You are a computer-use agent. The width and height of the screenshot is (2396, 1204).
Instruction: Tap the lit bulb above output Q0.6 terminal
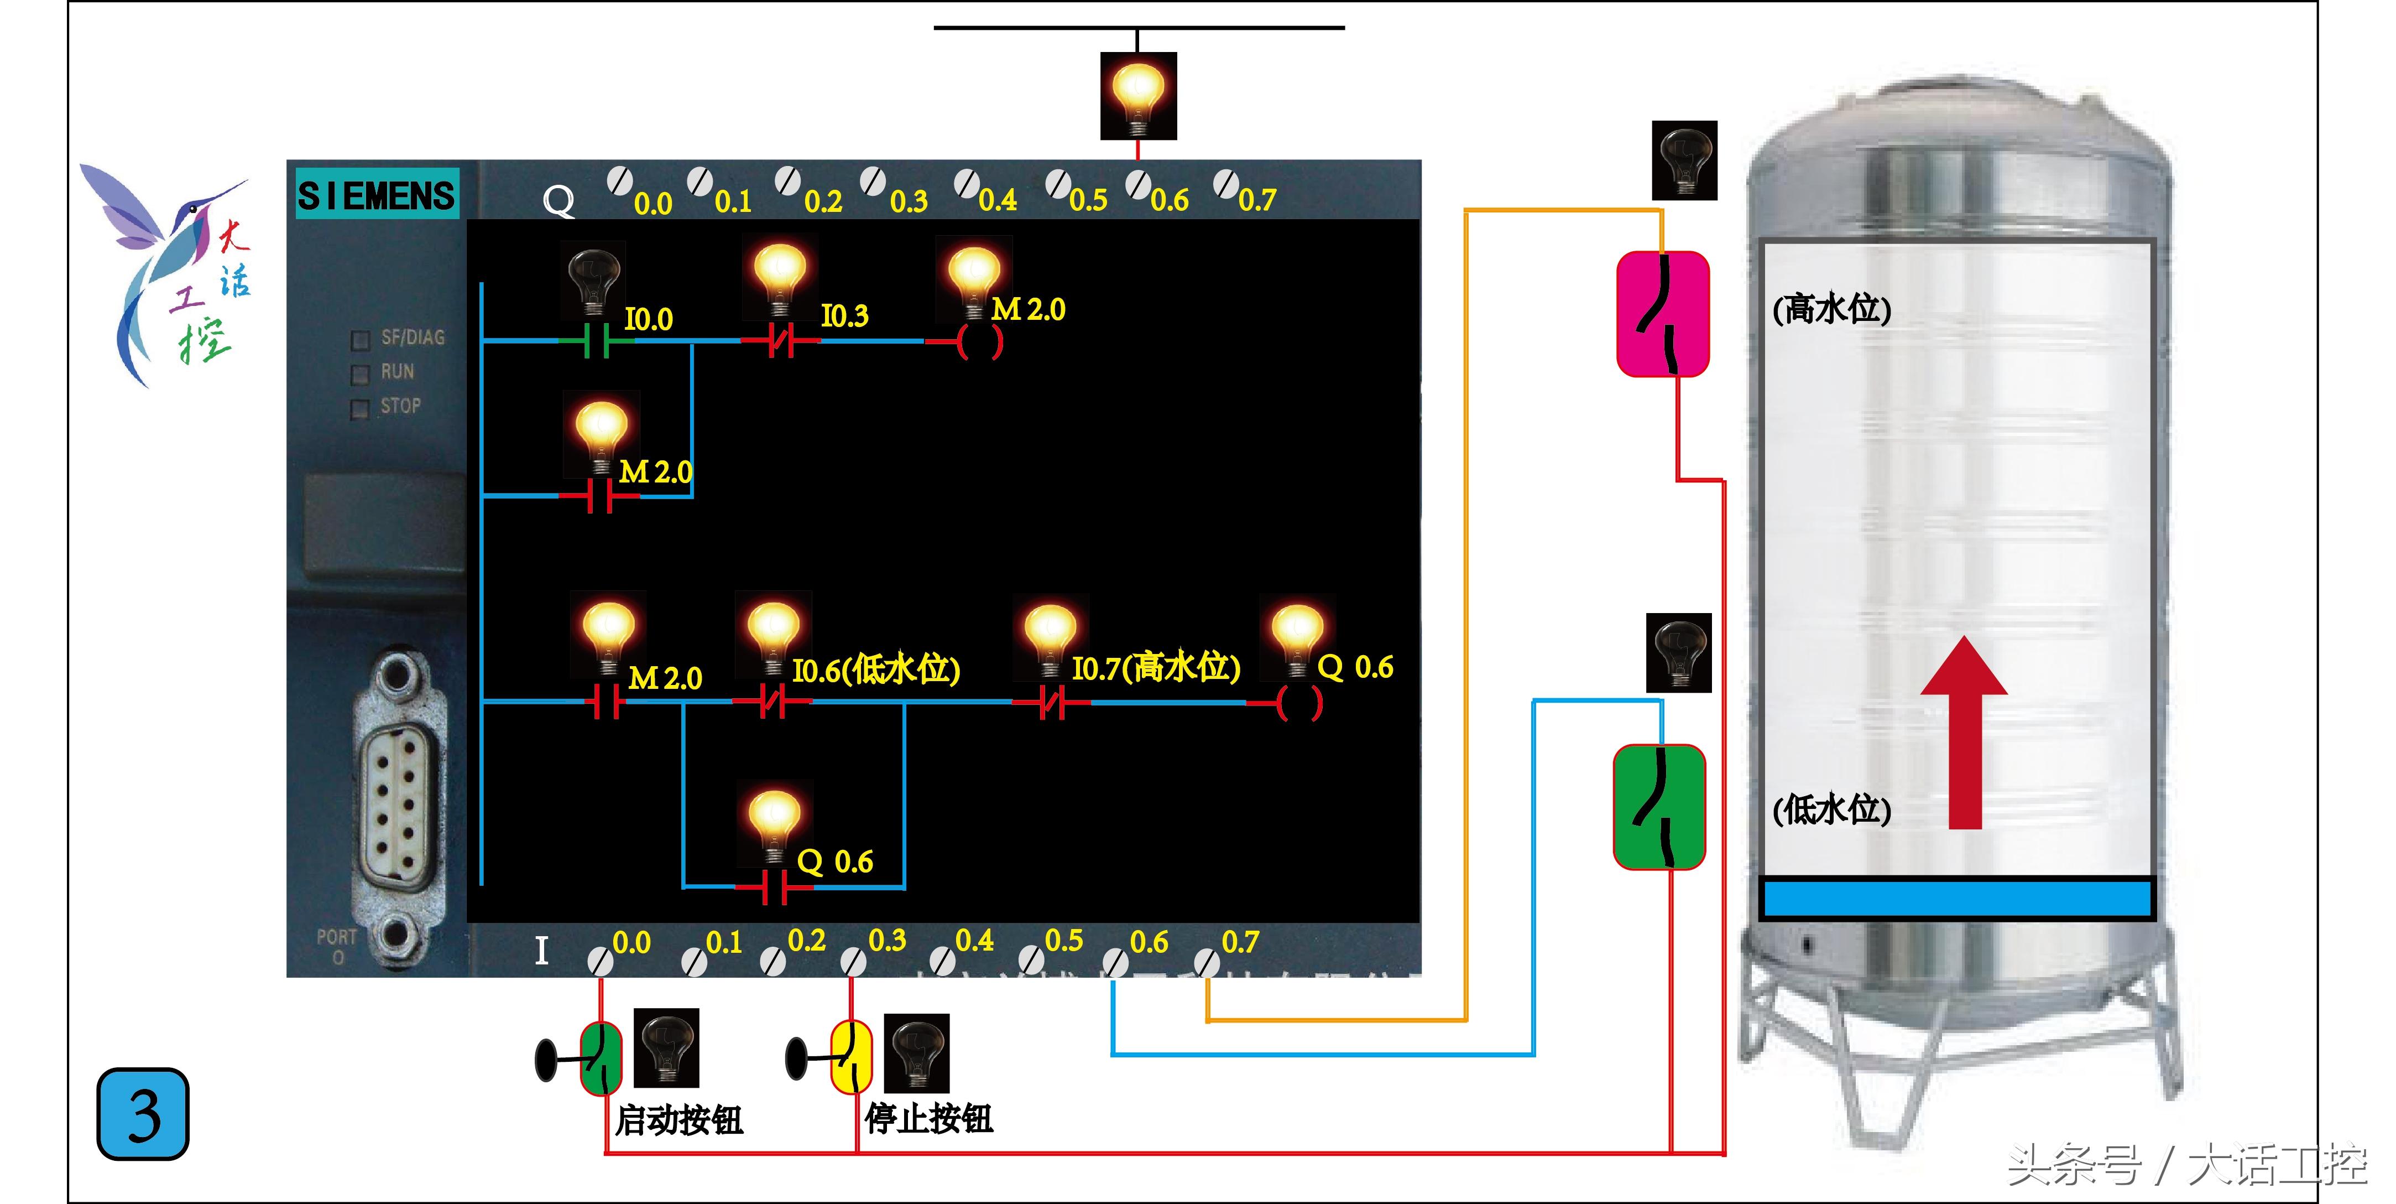(1137, 96)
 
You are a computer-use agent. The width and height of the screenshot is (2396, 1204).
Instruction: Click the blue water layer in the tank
(1957, 899)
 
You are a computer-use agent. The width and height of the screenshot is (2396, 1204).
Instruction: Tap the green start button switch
(601, 1059)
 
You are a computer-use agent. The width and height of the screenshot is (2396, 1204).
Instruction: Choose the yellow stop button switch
(850, 1056)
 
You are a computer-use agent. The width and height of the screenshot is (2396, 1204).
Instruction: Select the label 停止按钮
(928, 1118)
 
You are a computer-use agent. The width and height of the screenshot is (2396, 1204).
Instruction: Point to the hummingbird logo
(168, 270)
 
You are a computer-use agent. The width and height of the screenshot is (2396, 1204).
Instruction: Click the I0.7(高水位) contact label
(1155, 668)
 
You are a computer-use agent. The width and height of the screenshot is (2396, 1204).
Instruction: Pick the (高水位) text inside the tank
(1831, 309)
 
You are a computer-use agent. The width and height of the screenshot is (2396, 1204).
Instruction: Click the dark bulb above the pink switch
(1684, 160)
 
